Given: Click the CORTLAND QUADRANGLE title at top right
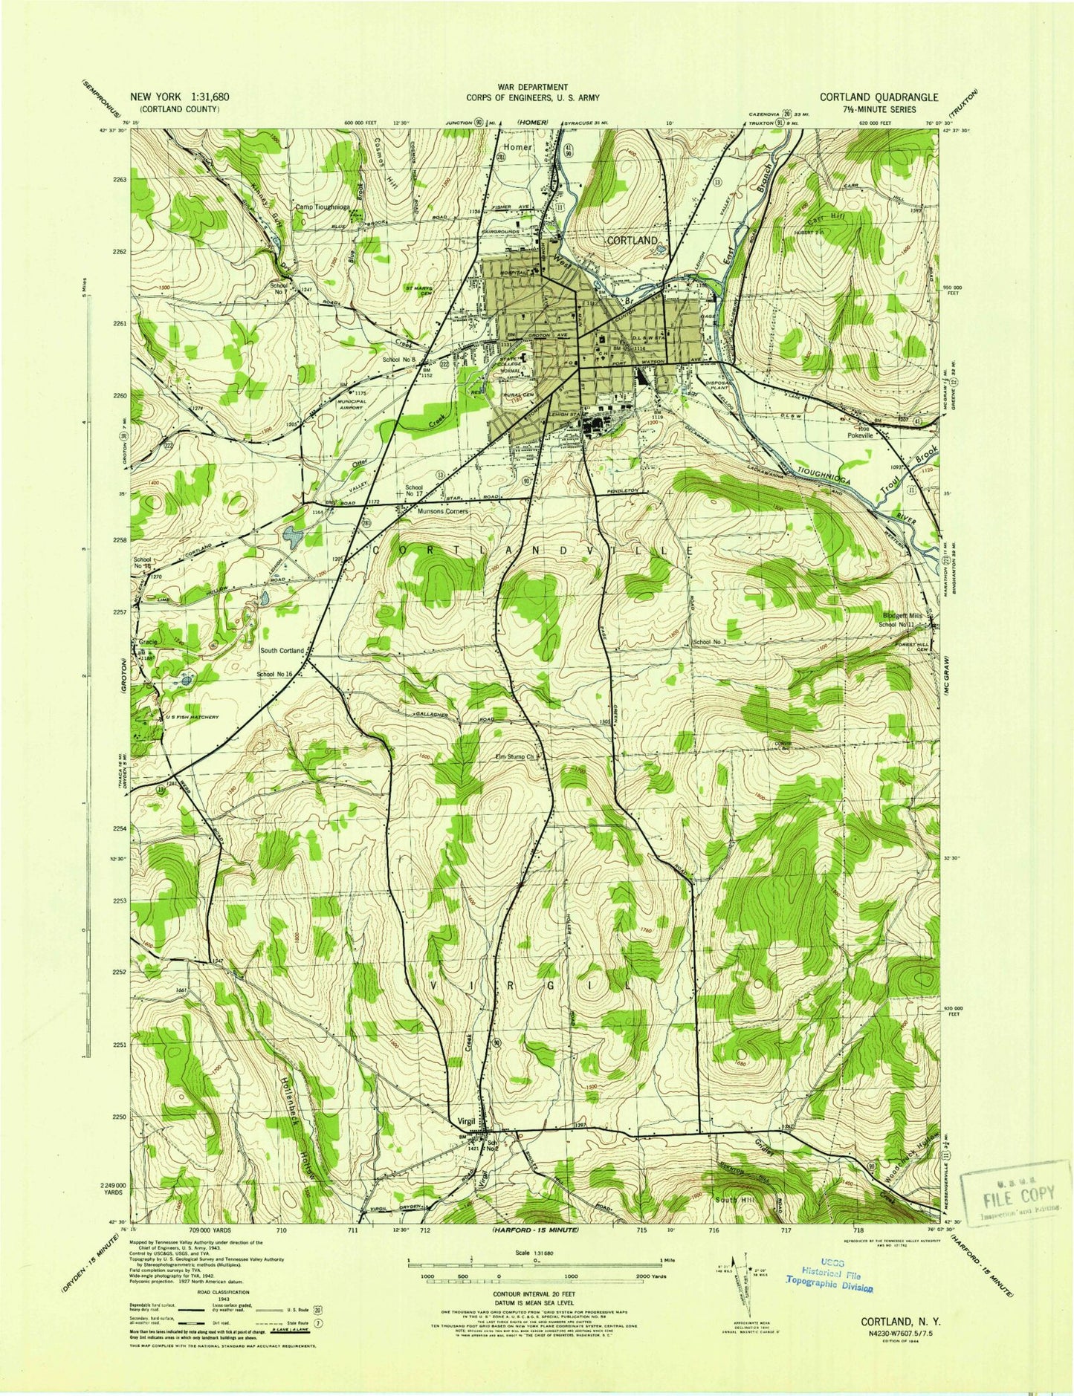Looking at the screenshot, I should tap(879, 97).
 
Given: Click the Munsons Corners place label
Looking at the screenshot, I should tap(421, 513).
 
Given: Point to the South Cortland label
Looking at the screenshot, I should tap(282, 650).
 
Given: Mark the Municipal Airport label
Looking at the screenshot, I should tap(346, 405).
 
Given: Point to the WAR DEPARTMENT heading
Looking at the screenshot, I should tap(533, 87).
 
